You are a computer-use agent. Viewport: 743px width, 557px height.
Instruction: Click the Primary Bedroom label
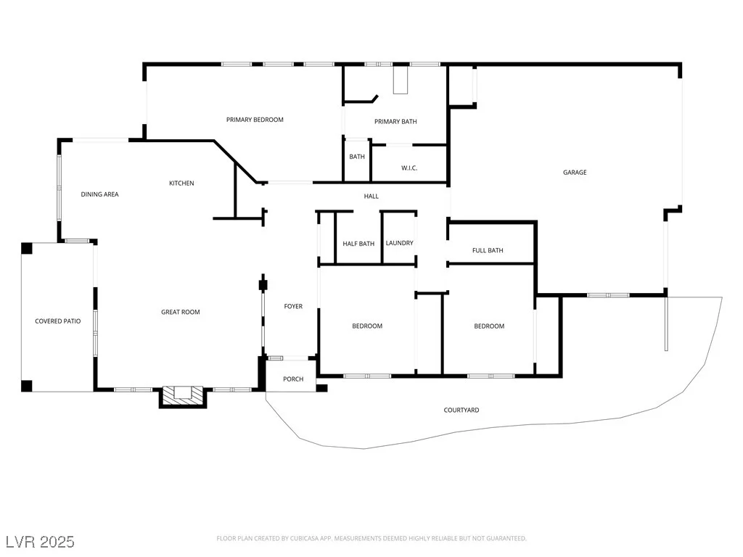pyautogui.click(x=255, y=120)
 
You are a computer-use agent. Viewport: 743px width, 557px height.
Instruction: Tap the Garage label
pyautogui.click(x=575, y=173)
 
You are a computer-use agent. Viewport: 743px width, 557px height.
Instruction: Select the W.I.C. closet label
pyautogui.click(x=409, y=168)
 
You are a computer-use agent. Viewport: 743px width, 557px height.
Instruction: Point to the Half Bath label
pyautogui.click(x=358, y=244)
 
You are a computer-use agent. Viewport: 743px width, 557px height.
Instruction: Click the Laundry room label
pyautogui.click(x=400, y=243)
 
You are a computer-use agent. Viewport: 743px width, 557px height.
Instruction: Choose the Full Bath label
pyautogui.click(x=488, y=250)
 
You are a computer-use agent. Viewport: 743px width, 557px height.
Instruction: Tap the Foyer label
pyautogui.click(x=293, y=307)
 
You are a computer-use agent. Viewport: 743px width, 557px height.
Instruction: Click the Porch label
pyautogui.click(x=293, y=379)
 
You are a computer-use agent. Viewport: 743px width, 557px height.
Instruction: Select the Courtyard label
pyautogui.click(x=461, y=410)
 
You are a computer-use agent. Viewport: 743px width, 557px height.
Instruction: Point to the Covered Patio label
pyautogui.click(x=58, y=321)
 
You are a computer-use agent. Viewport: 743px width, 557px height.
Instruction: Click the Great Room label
pyautogui.click(x=181, y=312)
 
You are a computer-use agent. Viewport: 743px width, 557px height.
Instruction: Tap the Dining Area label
pyautogui.click(x=99, y=194)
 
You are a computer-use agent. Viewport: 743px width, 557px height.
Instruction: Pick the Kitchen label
pyautogui.click(x=181, y=183)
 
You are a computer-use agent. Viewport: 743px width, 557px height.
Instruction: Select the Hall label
pyautogui.click(x=371, y=196)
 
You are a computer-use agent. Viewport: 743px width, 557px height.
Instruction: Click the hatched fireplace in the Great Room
pyautogui.click(x=182, y=397)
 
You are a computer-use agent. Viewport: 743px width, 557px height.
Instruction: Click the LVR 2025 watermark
pyautogui.click(x=41, y=542)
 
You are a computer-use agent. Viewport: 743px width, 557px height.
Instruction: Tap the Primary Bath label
pyautogui.click(x=395, y=122)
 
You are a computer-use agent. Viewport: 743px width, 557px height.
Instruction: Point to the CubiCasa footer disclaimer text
pyautogui.click(x=371, y=539)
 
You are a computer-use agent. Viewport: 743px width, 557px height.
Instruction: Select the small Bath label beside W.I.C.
pyautogui.click(x=357, y=157)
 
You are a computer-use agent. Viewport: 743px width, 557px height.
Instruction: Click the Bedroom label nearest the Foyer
pyautogui.click(x=367, y=326)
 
